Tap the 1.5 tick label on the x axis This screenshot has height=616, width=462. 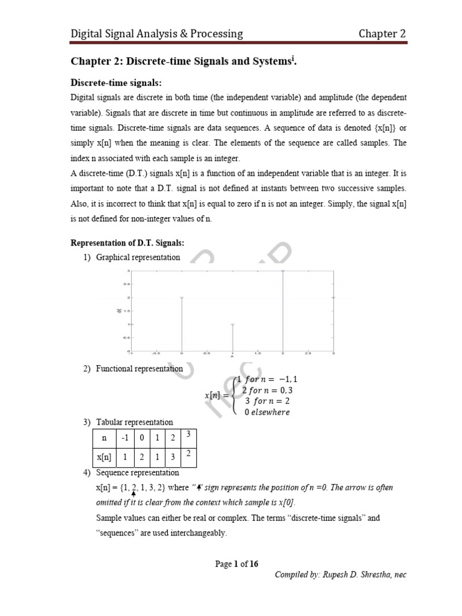pos(257,354)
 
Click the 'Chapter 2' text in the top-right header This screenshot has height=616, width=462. pos(382,34)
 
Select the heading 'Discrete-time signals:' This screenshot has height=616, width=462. pos(117,82)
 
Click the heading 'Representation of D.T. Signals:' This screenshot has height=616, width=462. pos(128,242)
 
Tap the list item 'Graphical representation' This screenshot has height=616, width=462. pos(138,257)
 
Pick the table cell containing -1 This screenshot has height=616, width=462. pos(125,438)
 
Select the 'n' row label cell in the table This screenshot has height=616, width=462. pos(103,438)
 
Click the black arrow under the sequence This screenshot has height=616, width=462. pos(133,493)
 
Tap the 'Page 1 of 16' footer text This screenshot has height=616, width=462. pos(237,564)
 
